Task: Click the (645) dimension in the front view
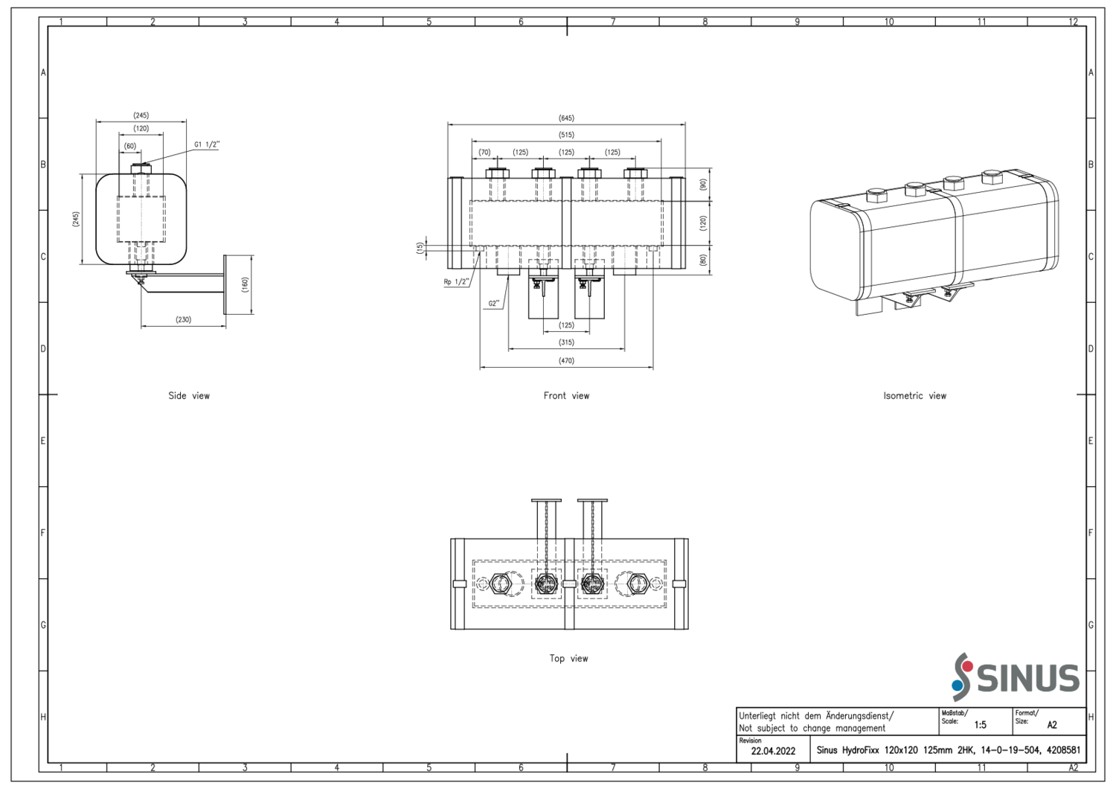coord(566,118)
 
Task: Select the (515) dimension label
coord(566,135)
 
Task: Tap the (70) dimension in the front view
coord(484,153)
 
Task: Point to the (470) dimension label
coord(566,361)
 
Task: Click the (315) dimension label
coord(566,342)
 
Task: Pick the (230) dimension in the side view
coord(183,320)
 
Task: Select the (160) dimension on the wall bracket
coord(245,285)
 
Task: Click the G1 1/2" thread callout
coord(207,145)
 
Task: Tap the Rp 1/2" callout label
coord(456,282)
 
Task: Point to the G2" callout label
coord(494,304)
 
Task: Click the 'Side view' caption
coord(189,396)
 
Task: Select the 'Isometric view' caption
coord(914,396)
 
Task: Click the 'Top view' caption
coord(568,659)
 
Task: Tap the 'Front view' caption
coord(566,396)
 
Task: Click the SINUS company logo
coord(1016,677)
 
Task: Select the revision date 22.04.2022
coord(773,751)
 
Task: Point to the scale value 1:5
coord(980,725)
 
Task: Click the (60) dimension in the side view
coord(130,147)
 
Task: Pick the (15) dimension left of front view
coord(420,248)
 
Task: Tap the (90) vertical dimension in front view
coord(703,185)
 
